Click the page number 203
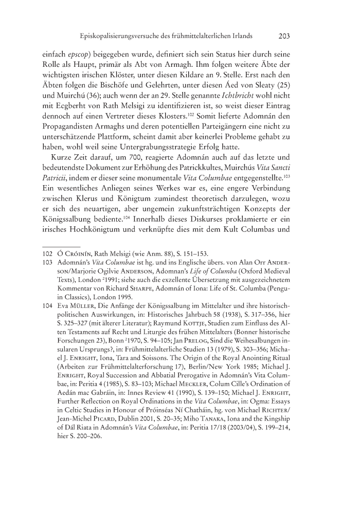(284, 37)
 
